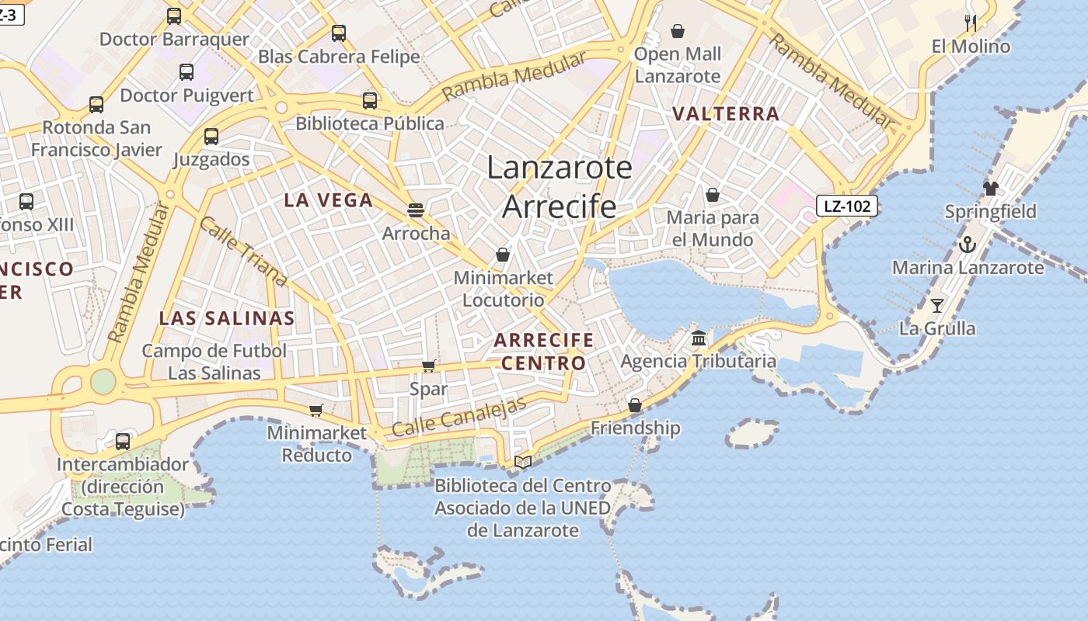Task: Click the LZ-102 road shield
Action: click(x=847, y=206)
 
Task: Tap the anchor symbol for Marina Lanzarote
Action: click(x=967, y=245)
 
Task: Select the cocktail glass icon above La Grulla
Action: click(x=937, y=305)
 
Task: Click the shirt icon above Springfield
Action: click(x=990, y=188)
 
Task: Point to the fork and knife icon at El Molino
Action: click(x=971, y=23)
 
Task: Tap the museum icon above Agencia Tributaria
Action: click(x=699, y=338)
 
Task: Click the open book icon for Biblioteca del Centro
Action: click(x=523, y=463)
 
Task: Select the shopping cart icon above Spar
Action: click(x=428, y=366)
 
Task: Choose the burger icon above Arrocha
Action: click(x=416, y=210)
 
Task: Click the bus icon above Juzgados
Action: click(x=211, y=137)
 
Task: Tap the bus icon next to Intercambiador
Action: click(x=123, y=442)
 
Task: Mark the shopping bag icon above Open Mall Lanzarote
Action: click(x=678, y=31)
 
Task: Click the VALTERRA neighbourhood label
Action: click(x=725, y=114)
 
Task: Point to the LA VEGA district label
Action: click(x=328, y=200)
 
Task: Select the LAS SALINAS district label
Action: click(x=227, y=318)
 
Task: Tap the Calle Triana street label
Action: click(x=243, y=252)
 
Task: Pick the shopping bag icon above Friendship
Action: click(x=635, y=405)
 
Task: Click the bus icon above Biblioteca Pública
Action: click(x=370, y=100)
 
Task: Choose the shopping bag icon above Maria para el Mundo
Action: click(x=712, y=195)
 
